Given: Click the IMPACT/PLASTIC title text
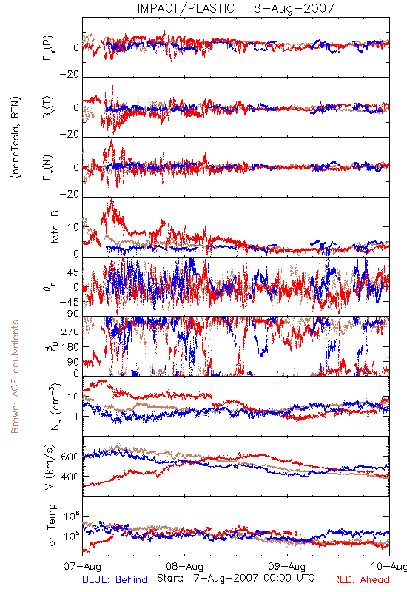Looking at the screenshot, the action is coord(186,8).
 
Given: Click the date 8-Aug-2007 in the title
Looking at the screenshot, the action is coord(294,8).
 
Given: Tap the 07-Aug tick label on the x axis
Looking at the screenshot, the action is coord(82,566).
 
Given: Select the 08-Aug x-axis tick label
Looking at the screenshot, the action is coord(184,566).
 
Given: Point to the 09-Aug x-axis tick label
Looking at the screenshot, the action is coord(287,566).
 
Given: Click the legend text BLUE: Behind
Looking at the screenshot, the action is coord(115,579).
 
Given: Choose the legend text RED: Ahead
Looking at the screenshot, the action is coord(361,579).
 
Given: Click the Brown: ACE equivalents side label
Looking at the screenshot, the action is coord(15,377).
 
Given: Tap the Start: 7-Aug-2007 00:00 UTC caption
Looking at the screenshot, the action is coord(236,578).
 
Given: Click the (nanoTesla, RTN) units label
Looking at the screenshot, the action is coord(16,138).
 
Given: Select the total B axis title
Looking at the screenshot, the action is coord(54,227).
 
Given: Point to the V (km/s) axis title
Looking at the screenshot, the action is coord(50,467).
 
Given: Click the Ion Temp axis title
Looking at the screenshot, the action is coord(51,526).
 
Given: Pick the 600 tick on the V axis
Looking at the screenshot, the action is coord(70,457).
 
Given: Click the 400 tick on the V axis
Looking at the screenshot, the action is coord(70,477).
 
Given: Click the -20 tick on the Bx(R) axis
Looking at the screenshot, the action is coord(69,75).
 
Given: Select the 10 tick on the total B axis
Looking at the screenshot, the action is coord(73,227).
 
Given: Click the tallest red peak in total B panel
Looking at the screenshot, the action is coord(112,198).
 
